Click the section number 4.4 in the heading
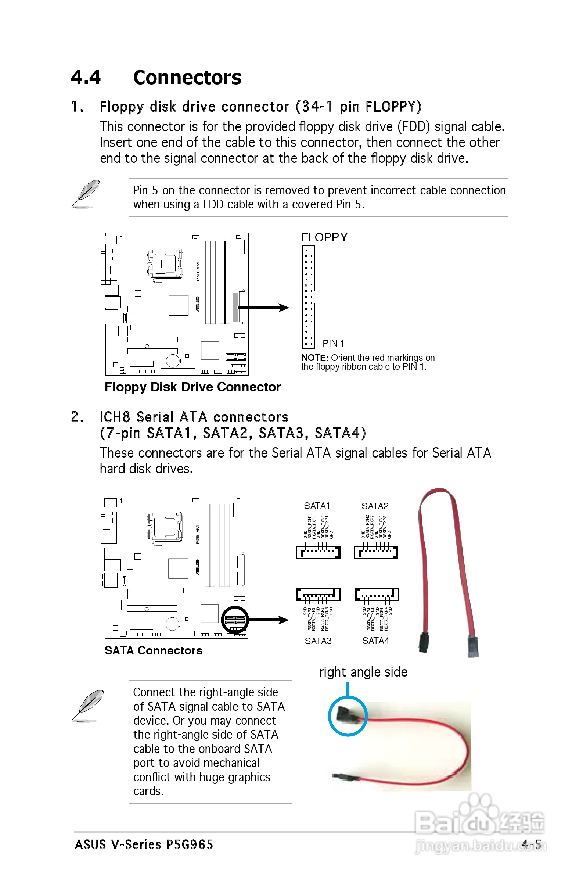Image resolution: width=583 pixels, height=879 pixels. [86, 77]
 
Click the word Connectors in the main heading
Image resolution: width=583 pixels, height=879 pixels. [187, 77]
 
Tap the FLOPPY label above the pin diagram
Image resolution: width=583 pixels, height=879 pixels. [324, 237]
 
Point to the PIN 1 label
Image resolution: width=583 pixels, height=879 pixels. [333, 343]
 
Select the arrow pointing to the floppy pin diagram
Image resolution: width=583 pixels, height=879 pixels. [264, 308]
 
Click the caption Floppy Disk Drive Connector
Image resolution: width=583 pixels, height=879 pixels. [192, 387]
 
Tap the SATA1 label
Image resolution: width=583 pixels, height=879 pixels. [317, 506]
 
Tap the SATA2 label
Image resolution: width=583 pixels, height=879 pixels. [375, 506]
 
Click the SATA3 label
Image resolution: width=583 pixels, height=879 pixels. [318, 641]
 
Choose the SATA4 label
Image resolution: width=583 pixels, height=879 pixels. [375, 641]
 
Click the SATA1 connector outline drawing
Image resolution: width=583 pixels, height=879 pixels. [318, 552]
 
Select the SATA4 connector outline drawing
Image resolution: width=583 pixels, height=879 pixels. [377, 594]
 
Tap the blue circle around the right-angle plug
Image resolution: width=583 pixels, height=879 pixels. [348, 716]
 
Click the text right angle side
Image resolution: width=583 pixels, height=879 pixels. [363, 672]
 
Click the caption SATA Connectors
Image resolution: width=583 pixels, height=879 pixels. [153, 650]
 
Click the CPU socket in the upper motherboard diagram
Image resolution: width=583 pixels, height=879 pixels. [165, 264]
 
